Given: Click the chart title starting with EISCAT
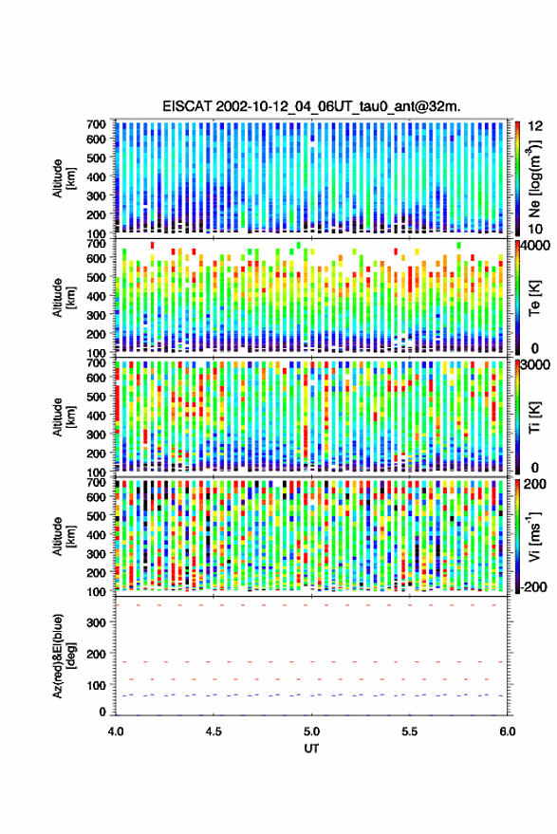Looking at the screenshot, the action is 311,106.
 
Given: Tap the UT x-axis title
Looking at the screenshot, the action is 311,749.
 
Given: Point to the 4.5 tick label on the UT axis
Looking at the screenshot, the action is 214,732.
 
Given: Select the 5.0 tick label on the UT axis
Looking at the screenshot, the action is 311,732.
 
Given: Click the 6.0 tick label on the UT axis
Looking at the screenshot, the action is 507,732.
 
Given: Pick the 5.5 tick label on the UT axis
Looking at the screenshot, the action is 409,732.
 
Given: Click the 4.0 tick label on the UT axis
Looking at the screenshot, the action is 116,732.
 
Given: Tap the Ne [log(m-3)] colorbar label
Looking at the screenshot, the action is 534,178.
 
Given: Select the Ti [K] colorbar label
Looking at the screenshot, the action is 534,417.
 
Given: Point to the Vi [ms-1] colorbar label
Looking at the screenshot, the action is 534,536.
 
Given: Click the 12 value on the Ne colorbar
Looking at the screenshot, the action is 536,126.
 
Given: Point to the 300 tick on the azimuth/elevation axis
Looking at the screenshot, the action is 96,622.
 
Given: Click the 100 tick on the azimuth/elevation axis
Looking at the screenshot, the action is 96,685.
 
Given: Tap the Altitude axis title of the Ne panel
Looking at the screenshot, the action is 65,178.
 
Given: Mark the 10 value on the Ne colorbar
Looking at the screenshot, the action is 536,229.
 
